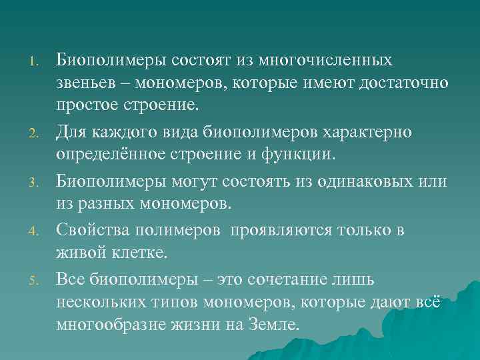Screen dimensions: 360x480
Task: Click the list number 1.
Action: coord(34,63)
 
